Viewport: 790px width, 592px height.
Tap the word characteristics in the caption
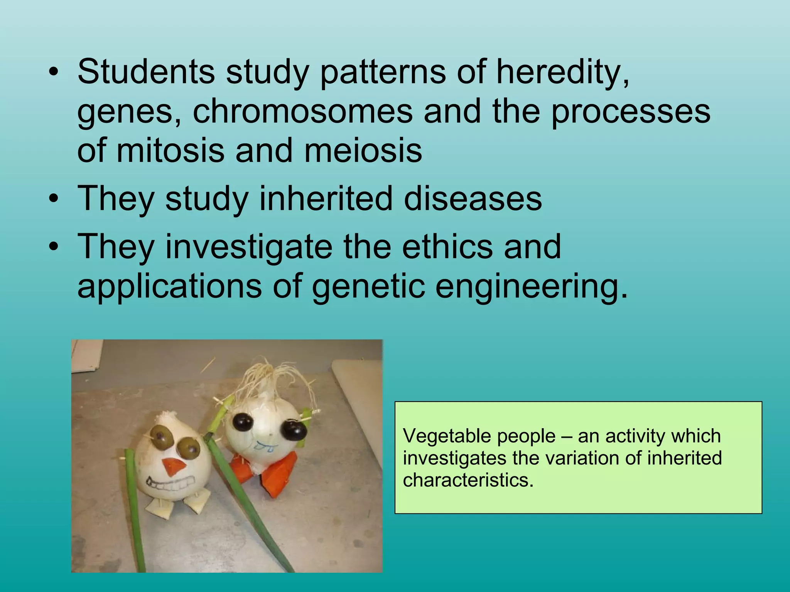pyautogui.click(x=468, y=480)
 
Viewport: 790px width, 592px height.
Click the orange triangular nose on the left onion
pyautogui.click(x=172, y=467)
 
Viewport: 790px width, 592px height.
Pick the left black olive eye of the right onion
pyautogui.click(x=243, y=422)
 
